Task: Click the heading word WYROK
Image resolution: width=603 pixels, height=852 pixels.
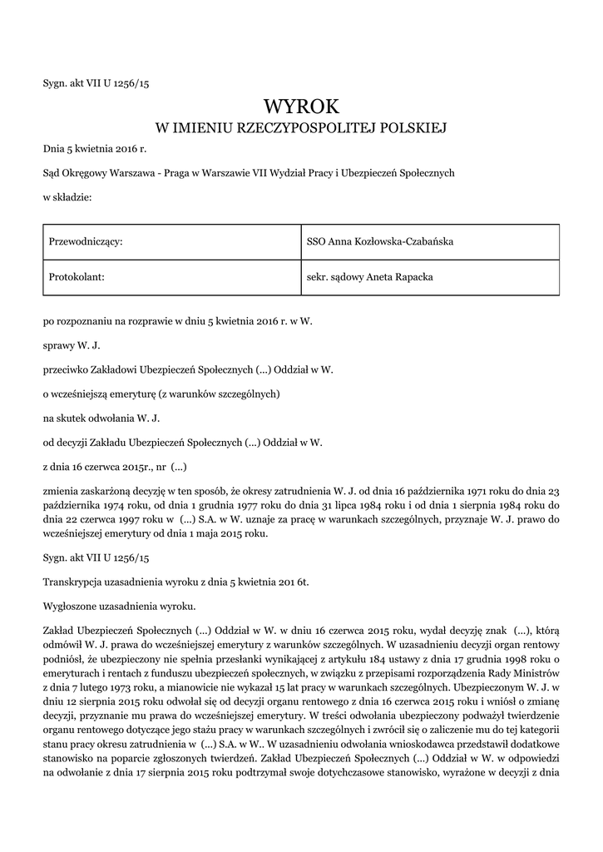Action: pyautogui.click(x=301, y=106)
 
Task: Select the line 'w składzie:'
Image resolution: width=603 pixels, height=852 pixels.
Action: pyautogui.click(x=67, y=197)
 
